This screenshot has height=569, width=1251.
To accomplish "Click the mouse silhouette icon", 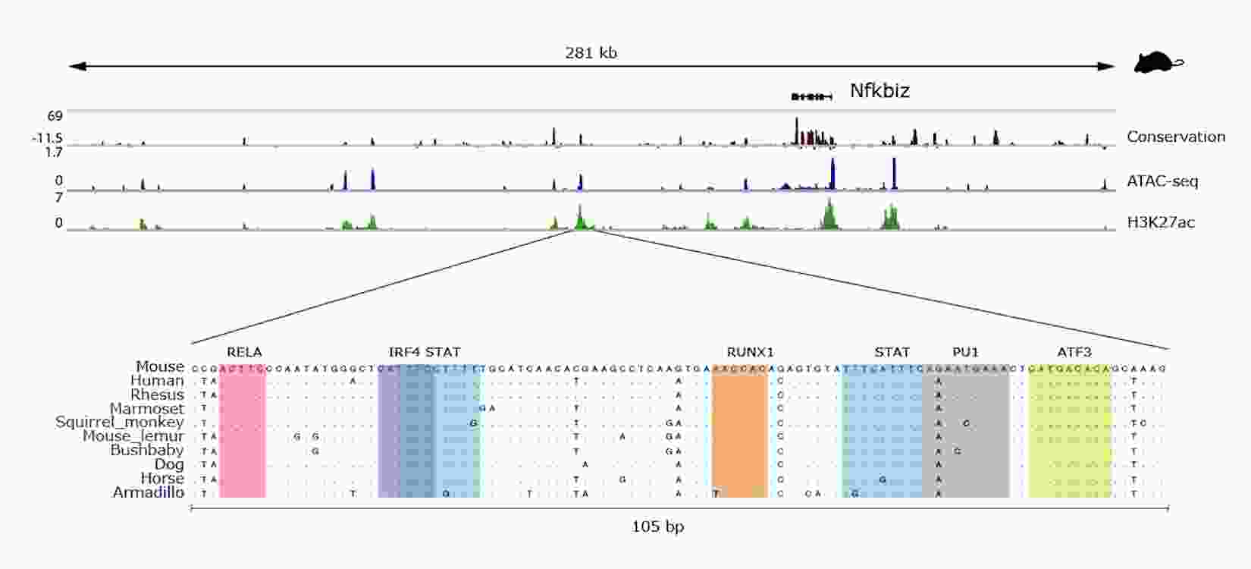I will click(1159, 63).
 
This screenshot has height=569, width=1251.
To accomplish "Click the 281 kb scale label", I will click(591, 52).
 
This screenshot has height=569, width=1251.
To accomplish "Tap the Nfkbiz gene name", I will click(879, 91).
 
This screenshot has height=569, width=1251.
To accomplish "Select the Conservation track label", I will click(1175, 137).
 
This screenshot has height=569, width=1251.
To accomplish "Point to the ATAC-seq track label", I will click(1162, 181).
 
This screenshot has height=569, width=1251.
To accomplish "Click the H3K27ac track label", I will click(1161, 222).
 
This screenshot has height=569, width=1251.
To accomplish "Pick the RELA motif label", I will click(244, 352).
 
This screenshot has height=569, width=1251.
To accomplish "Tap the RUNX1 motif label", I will click(750, 352).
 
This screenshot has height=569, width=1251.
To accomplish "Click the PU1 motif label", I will click(965, 352).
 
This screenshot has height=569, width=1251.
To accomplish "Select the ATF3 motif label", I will click(1074, 352).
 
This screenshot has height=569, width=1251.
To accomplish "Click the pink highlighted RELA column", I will click(243, 432).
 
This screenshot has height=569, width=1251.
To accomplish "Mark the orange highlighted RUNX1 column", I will click(740, 432).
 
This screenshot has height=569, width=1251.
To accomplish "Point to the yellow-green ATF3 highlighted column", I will click(1070, 432).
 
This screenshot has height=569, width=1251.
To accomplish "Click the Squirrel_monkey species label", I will click(119, 422).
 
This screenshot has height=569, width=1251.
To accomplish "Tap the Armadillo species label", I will click(148, 492).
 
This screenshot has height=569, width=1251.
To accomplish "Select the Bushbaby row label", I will click(146, 450).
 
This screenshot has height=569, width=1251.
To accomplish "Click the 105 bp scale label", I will click(657, 526).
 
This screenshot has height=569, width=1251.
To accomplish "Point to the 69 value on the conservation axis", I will click(55, 116).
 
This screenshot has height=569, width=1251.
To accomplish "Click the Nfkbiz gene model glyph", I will click(811, 96).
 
